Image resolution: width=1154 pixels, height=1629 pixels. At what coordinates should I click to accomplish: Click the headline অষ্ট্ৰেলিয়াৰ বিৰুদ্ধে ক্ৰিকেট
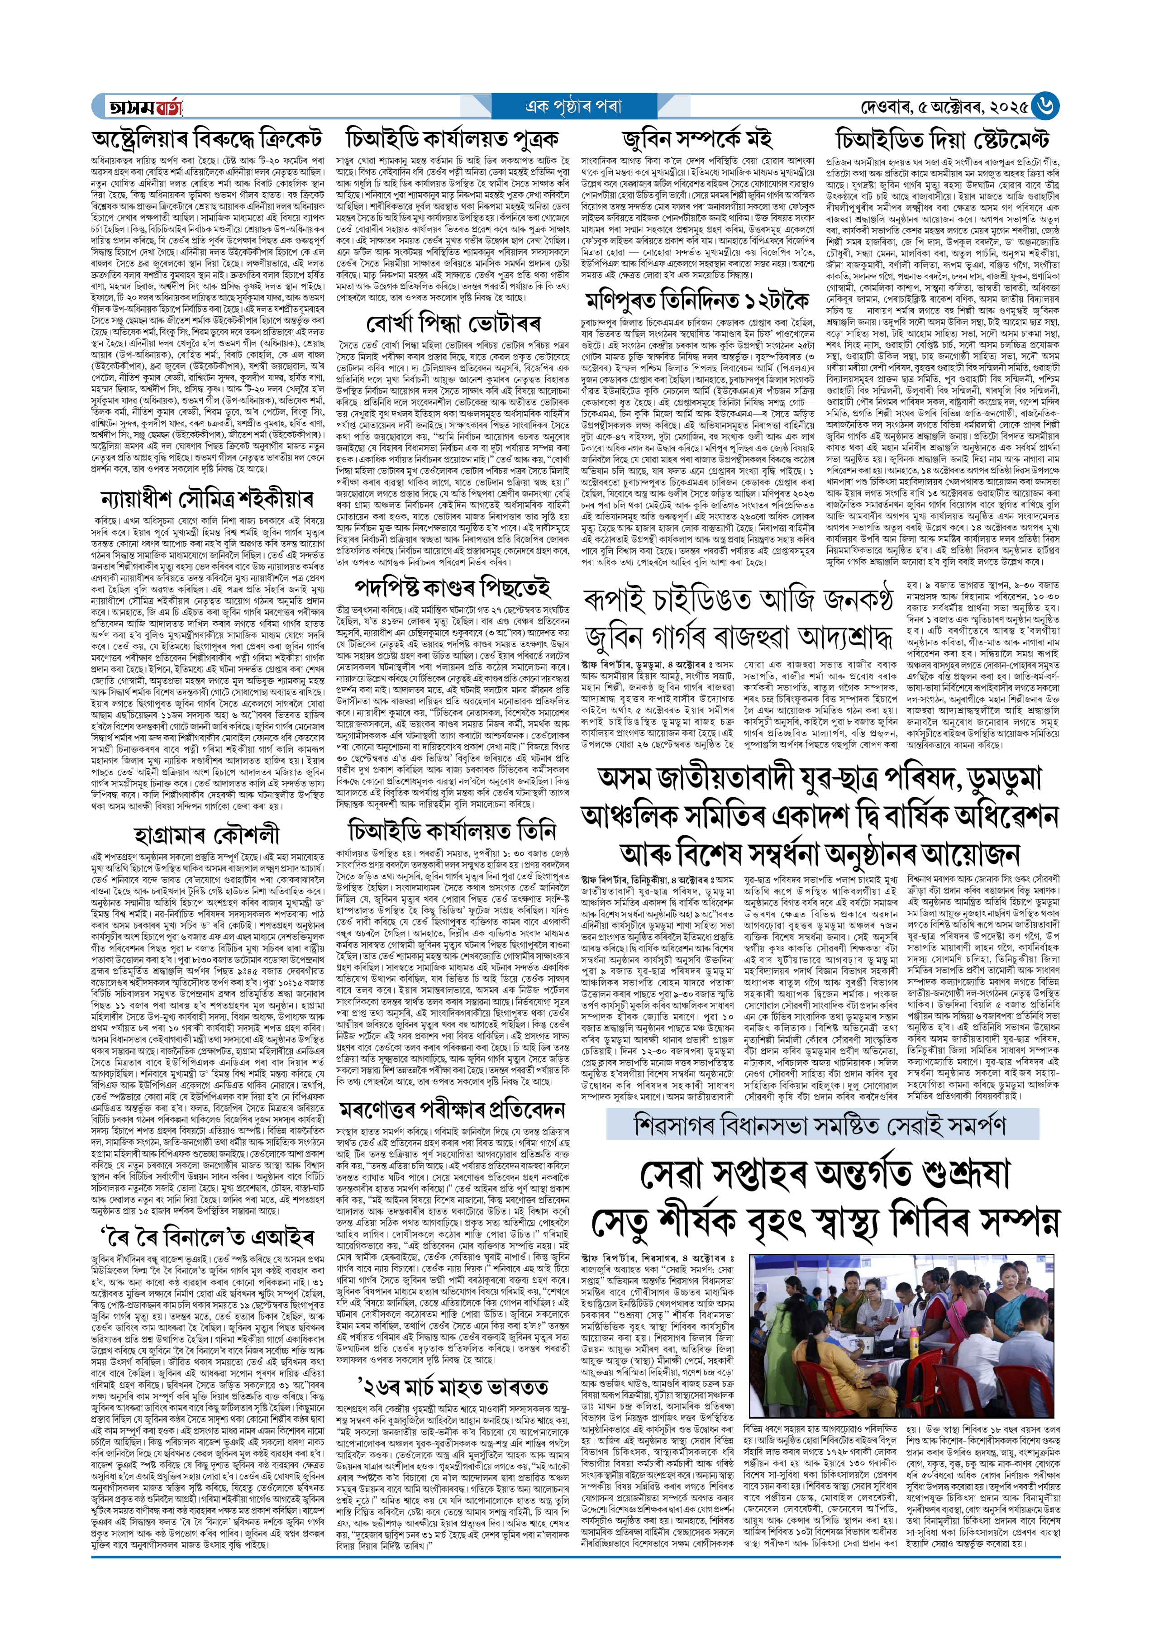[x=207, y=138]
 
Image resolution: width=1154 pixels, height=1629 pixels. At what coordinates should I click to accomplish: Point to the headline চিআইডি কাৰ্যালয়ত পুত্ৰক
[x=452, y=138]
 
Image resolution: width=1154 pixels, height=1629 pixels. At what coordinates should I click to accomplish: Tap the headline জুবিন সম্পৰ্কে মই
[x=696, y=138]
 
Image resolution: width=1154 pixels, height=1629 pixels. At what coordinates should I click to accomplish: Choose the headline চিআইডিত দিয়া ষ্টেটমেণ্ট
[x=942, y=138]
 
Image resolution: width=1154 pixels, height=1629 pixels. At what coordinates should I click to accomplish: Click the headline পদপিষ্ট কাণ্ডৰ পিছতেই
[x=453, y=587]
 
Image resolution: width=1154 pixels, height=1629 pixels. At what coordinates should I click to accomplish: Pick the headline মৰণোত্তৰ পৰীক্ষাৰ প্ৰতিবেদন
[x=453, y=1110]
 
